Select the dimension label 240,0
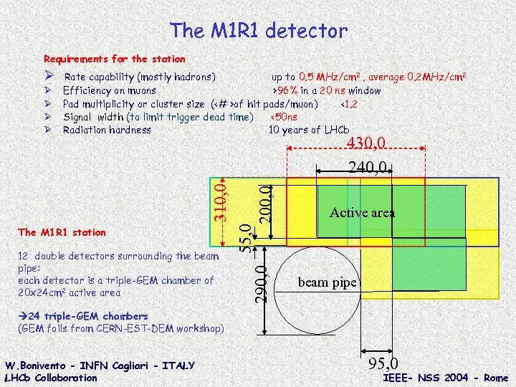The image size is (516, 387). [368, 167]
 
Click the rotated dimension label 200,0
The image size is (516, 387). [266, 203]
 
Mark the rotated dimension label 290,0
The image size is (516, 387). [263, 283]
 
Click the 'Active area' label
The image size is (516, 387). [362, 212]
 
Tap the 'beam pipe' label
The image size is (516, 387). [327, 282]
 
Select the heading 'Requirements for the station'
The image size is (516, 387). [115, 59]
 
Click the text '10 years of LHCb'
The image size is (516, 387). [308, 130]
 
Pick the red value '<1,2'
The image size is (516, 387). [346, 103]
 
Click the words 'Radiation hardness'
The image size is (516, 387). [107, 130]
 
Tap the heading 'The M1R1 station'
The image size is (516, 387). [62, 232]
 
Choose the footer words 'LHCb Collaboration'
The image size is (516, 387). [50, 378]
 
